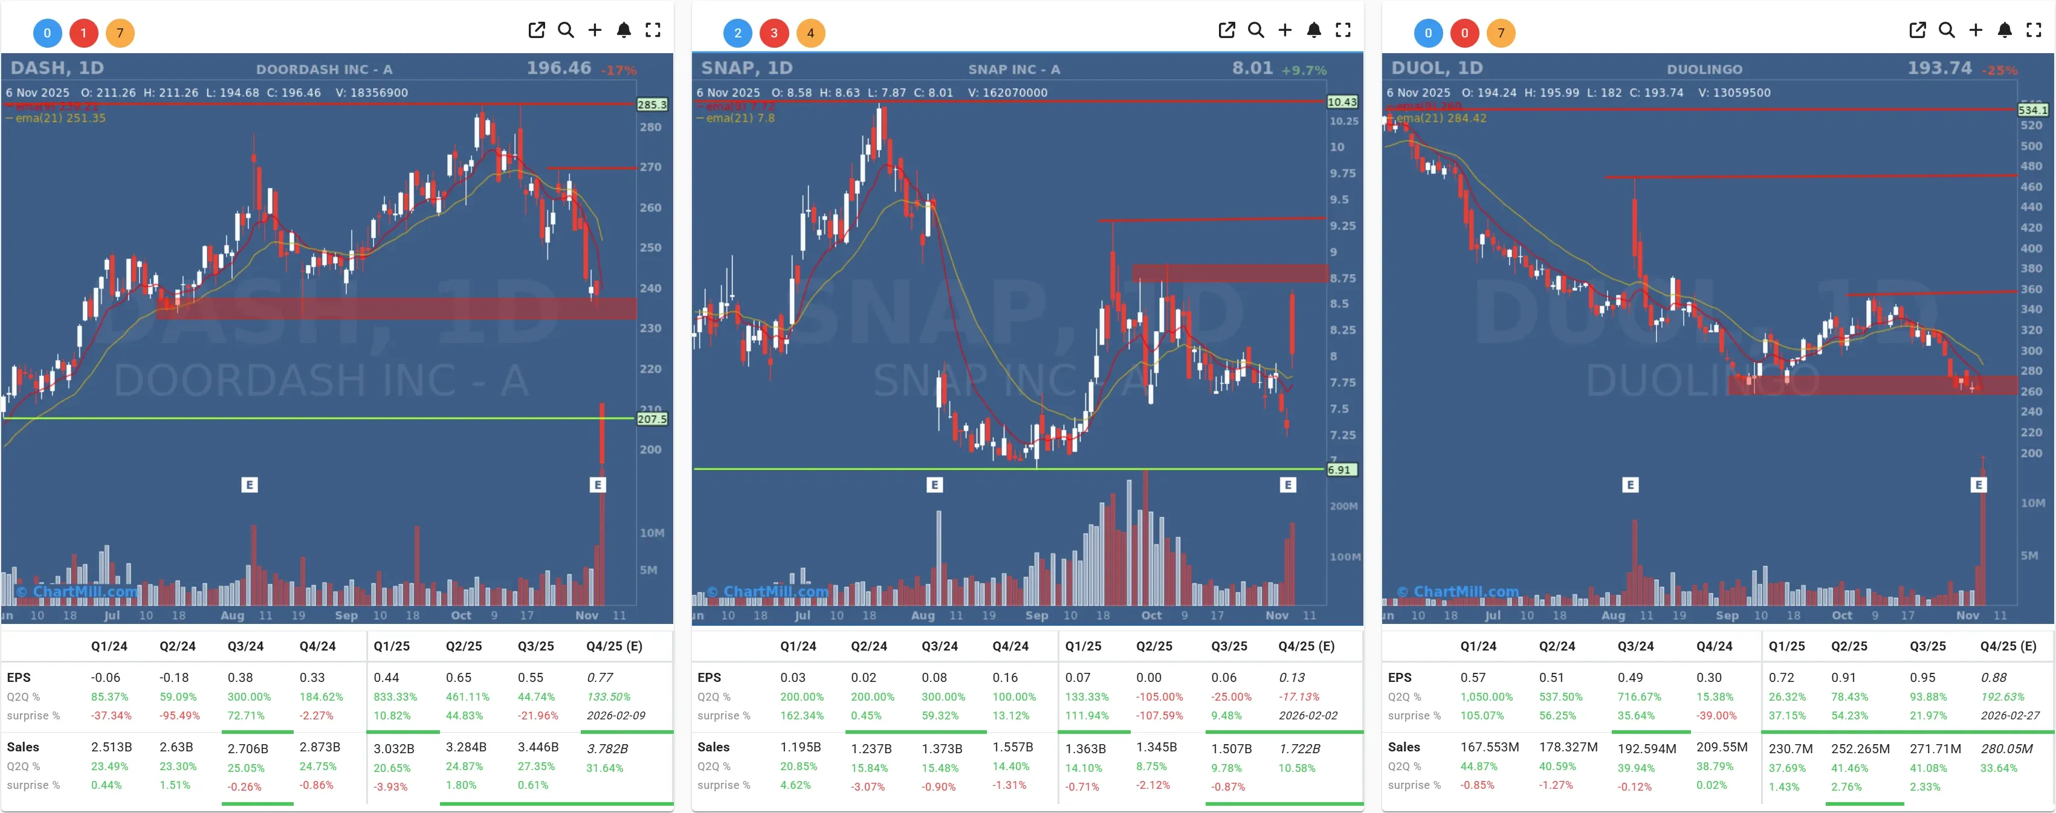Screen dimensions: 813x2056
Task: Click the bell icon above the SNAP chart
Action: click(1314, 30)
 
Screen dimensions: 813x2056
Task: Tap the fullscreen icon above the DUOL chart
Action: click(2033, 30)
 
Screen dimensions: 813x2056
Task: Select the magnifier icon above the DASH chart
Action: click(566, 30)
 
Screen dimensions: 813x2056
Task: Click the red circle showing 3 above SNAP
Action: click(774, 33)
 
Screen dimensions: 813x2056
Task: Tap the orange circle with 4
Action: click(810, 33)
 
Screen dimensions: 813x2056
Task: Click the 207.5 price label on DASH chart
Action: click(651, 419)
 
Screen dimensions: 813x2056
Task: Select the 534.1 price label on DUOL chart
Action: click(2032, 110)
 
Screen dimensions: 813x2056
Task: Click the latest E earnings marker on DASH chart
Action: click(598, 484)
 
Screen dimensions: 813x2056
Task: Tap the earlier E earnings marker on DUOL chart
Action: click(1631, 484)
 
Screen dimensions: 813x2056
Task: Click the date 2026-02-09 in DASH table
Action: click(615, 716)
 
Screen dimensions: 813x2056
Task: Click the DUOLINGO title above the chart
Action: click(1704, 69)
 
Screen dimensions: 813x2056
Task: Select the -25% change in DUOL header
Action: click(2001, 70)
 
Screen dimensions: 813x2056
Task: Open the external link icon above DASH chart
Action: click(536, 30)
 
